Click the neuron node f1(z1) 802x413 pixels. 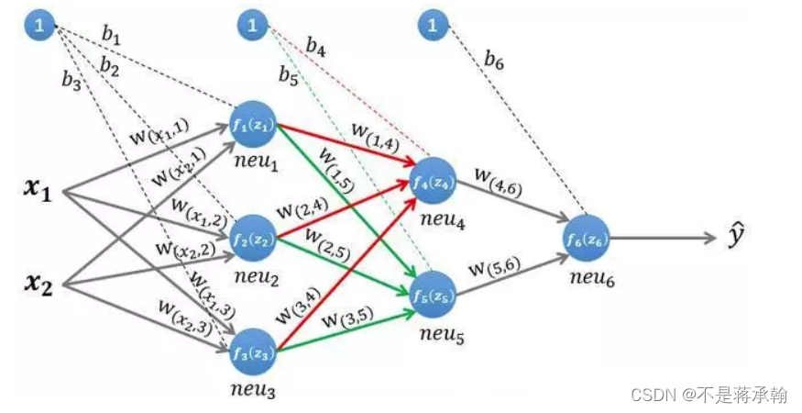click(256, 125)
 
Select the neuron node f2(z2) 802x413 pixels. click(256, 240)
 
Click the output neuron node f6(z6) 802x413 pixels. click(588, 239)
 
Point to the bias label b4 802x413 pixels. click(316, 46)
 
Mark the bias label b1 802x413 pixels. click(111, 36)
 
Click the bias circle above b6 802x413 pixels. click(433, 25)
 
